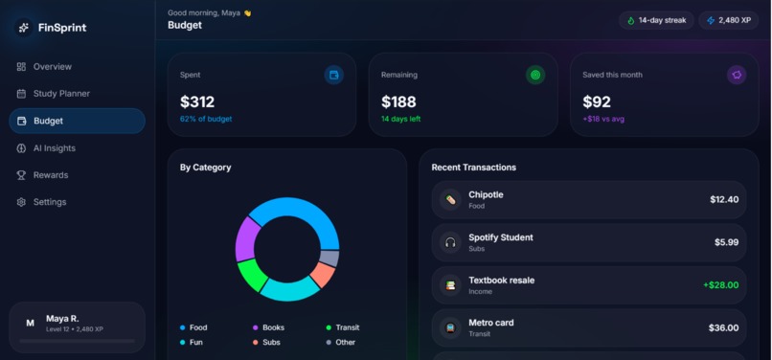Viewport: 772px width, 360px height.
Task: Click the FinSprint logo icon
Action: [24, 28]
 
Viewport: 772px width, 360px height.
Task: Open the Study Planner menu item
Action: [54, 94]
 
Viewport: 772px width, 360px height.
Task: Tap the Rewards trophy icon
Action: [21, 175]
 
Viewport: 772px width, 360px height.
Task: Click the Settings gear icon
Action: [21, 202]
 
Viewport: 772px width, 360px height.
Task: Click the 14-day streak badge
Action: [656, 21]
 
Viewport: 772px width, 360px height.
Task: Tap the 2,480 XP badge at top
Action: [729, 21]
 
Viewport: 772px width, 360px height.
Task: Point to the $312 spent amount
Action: [197, 101]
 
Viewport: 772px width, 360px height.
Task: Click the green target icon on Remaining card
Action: [535, 76]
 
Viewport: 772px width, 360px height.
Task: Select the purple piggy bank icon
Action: [737, 76]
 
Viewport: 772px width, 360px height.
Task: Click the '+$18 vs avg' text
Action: [603, 119]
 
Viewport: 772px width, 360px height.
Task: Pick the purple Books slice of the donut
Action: [247, 238]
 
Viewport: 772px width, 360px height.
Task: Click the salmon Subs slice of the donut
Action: [323, 275]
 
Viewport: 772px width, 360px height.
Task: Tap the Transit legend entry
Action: [343, 327]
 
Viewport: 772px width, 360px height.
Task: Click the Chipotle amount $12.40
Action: [724, 199]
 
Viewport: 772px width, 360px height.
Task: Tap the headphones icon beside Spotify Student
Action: [450, 242]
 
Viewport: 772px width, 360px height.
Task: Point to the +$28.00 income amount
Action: [721, 285]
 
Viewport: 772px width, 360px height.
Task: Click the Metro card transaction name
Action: [491, 323]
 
